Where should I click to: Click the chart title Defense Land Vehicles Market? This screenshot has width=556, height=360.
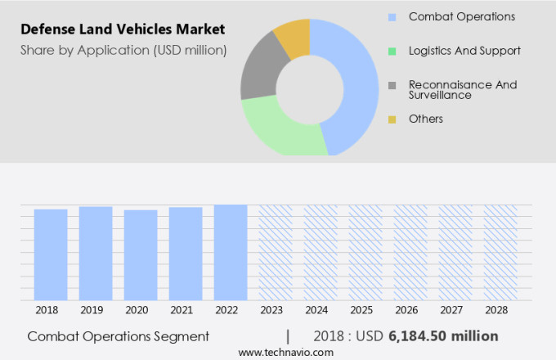click(x=123, y=29)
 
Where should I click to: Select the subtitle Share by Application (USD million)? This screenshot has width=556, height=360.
click(x=123, y=50)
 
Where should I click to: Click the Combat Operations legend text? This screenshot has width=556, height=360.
click(x=461, y=16)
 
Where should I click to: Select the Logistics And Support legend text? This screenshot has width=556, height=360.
click(x=464, y=51)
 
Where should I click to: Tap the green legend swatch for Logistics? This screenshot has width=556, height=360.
click(x=392, y=51)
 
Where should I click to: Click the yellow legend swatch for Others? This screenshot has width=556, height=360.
click(x=392, y=119)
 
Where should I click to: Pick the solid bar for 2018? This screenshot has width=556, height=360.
click(x=51, y=254)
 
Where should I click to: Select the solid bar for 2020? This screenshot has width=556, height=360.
click(x=141, y=254)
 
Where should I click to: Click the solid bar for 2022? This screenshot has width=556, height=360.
click(x=231, y=252)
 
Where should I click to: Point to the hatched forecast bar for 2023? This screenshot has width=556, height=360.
click(x=276, y=252)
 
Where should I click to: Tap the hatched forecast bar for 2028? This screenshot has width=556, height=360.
click(x=500, y=252)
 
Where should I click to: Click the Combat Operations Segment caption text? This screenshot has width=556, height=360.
click(x=118, y=336)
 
